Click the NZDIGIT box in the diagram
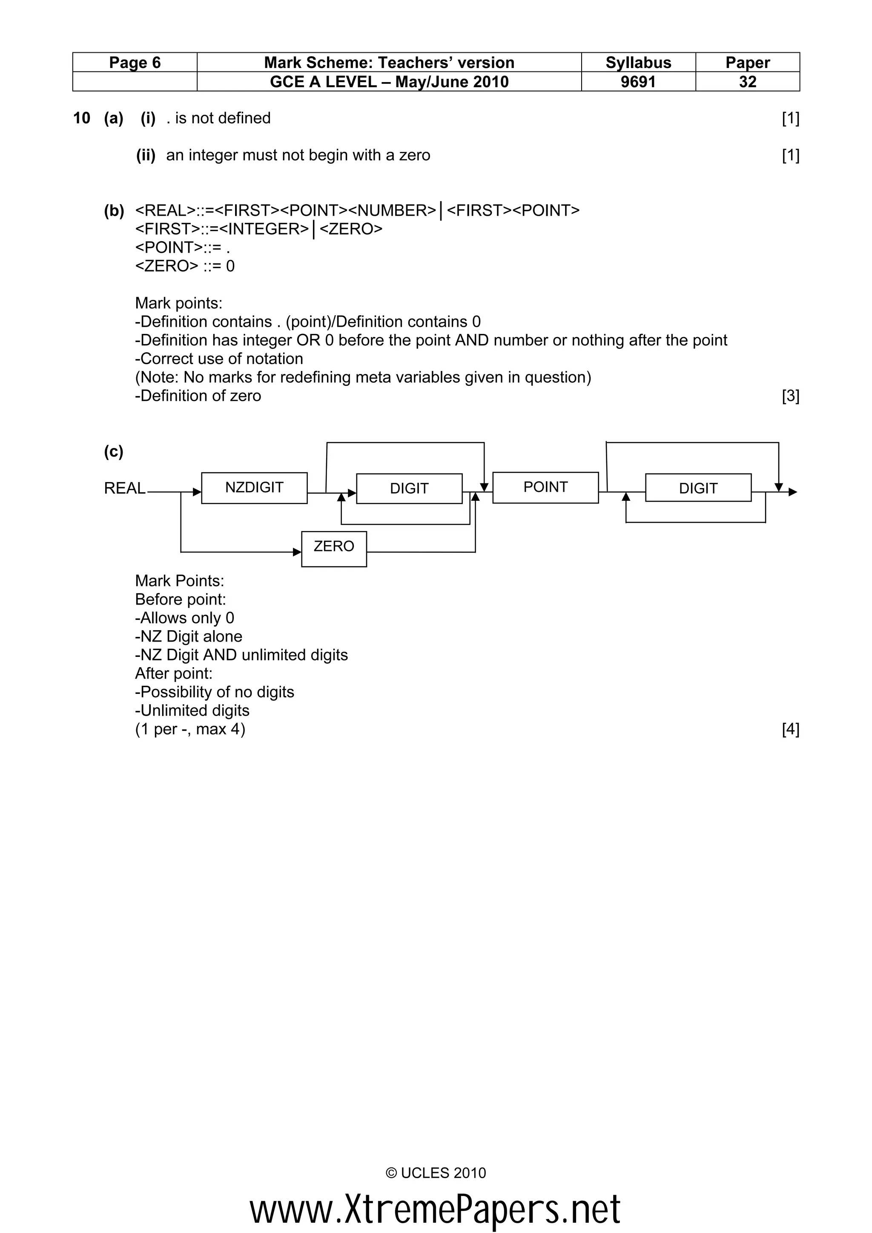(254, 488)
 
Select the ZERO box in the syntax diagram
(334, 548)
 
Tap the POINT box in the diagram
(545, 487)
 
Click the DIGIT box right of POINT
(698, 488)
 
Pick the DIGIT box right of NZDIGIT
(409, 488)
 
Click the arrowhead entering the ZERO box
(297, 552)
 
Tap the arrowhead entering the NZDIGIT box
(197, 492)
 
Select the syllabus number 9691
(638, 82)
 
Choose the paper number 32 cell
(747, 82)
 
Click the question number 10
(82, 118)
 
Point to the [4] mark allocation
(790, 729)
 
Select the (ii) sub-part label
(146, 156)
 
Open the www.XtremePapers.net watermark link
(435, 1209)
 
